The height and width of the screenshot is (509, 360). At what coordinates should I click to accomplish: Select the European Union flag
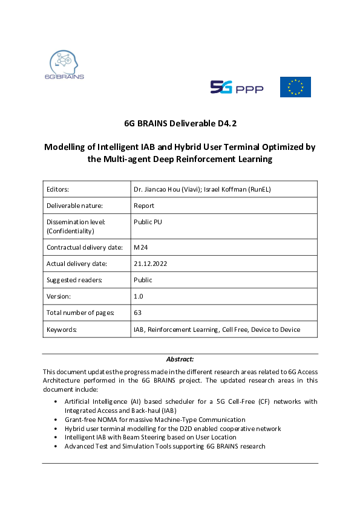coord(295,87)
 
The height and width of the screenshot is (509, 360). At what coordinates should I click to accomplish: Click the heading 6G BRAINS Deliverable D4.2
coord(180,123)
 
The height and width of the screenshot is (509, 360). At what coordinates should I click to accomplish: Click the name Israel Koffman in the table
coord(250,189)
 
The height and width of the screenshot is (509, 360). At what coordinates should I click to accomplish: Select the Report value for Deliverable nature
coord(144,205)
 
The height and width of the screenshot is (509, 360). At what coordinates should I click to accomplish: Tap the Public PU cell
coord(148,221)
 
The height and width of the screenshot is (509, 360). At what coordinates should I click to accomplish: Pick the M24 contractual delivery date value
coord(140,247)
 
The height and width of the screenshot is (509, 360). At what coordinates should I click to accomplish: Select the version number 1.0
coord(139,296)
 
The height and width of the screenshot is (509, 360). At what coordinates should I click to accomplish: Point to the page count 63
coord(137,313)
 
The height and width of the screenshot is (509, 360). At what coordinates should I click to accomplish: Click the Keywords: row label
coord(62,329)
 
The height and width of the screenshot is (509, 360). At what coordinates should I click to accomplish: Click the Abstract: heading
coord(180,359)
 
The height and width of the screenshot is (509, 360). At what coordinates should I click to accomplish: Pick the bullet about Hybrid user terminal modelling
coord(172,428)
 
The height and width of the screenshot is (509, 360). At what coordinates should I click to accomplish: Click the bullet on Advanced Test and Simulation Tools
coord(165,446)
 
